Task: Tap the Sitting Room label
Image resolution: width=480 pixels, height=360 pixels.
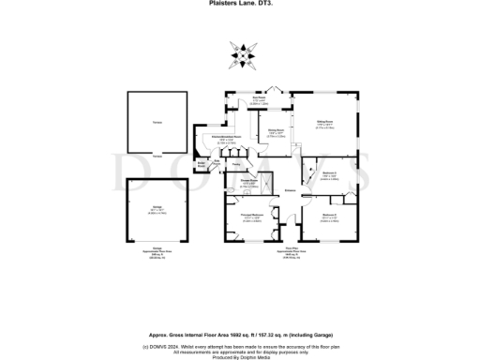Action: tap(322, 123)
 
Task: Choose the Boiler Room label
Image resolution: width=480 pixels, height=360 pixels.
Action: tap(201, 163)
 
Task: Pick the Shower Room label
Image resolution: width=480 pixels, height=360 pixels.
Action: tap(248, 180)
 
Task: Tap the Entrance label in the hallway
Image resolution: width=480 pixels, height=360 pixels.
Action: tap(291, 189)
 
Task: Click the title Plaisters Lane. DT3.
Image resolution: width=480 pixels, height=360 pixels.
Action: tap(241, 4)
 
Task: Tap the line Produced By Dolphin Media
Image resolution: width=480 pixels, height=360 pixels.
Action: tap(241, 357)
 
